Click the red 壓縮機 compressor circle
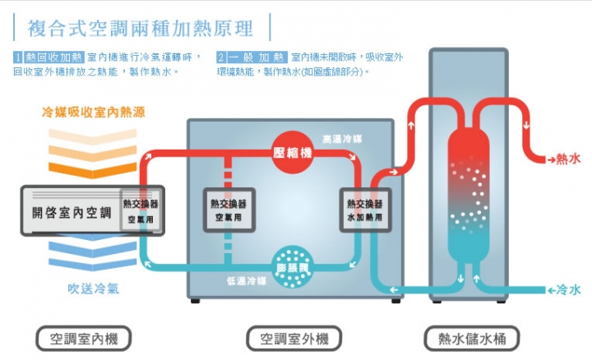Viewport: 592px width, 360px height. point(292,152)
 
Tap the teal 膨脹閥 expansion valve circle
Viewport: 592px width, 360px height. point(292,268)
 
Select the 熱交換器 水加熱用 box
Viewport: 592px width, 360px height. point(365,210)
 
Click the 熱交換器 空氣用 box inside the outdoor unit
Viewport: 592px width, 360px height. point(229,210)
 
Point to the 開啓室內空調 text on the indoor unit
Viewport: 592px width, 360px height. point(72,213)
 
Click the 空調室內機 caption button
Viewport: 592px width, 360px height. point(83,339)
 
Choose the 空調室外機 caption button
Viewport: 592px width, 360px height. point(294,339)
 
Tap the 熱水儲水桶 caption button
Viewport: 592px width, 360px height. point(472,339)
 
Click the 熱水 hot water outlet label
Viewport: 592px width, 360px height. point(569,159)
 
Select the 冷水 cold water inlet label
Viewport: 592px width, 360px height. point(569,290)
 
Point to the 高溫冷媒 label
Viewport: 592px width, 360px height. point(342,139)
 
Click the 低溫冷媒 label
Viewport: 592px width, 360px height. point(247,281)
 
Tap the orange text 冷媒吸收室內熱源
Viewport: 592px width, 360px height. point(93,112)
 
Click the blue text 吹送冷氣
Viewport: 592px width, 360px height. point(93,288)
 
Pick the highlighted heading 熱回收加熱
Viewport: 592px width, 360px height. point(53,58)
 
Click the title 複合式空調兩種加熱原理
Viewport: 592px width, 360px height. point(140,29)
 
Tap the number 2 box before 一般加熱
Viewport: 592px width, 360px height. point(221,58)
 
